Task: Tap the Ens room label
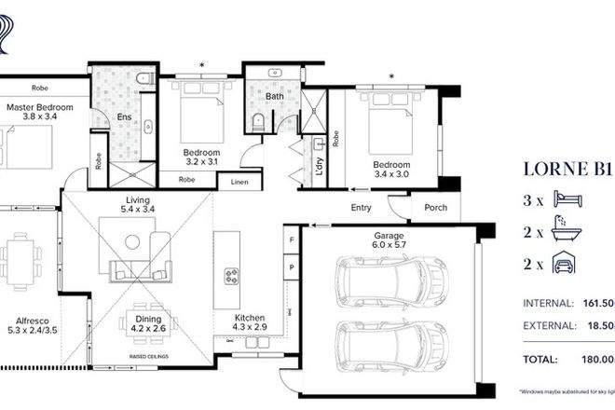124,117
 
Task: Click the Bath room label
274,96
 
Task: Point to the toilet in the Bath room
259,120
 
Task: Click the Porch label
435,207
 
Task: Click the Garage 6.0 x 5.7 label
389,242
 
